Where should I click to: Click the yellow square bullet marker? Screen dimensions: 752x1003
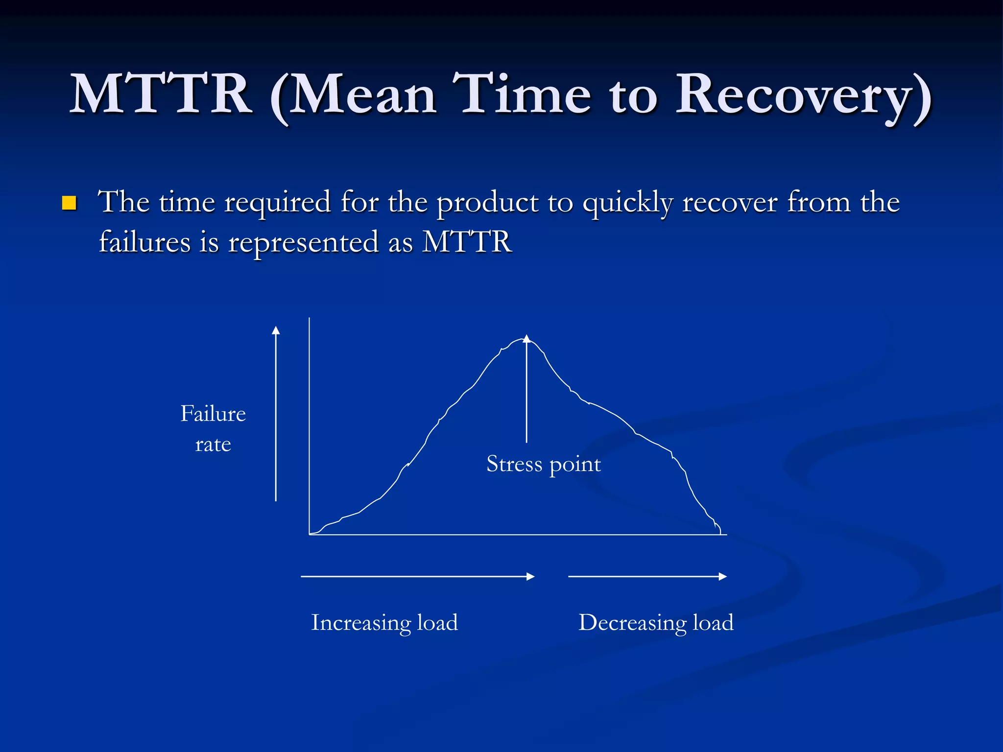(69, 203)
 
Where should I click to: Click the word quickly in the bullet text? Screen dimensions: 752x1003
(628, 203)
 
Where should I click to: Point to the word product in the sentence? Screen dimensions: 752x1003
(487, 203)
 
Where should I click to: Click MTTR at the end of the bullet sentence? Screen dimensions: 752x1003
(467, 242)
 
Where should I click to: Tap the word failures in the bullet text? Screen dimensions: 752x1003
(144, 242)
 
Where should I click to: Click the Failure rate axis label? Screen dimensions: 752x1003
(213, 428)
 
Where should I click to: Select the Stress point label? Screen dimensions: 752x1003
(543, 464)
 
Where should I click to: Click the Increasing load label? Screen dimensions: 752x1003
(384, 623)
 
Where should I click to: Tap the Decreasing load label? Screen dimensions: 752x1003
(656, 623)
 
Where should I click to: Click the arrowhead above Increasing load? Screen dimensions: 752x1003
(531, 577)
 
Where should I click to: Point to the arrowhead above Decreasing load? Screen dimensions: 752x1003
(723, 577)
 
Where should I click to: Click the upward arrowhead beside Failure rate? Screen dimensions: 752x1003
(276, 330)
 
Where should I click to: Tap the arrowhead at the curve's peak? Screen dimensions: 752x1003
(526, 338)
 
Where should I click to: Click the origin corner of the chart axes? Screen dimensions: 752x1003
(310, 535)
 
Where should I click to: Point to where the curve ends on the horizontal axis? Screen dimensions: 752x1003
(720, 534)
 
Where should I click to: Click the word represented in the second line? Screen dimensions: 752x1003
(304, 242)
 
